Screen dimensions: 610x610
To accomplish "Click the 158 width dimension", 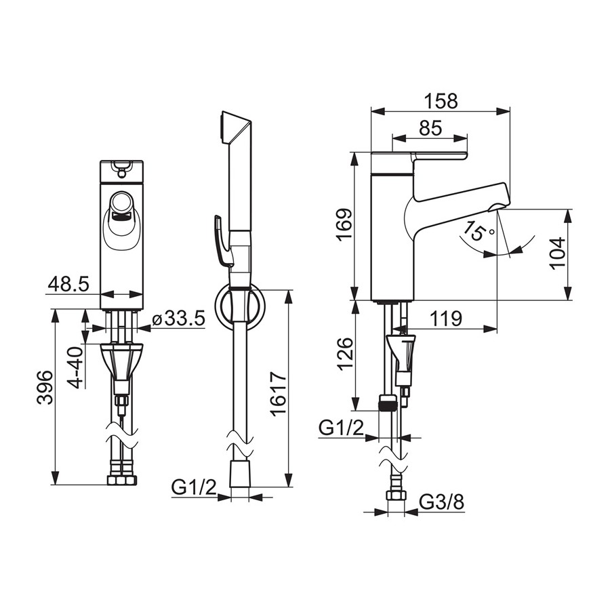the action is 441,101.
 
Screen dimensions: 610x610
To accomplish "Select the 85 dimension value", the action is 430,128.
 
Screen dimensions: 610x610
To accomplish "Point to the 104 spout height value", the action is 557,252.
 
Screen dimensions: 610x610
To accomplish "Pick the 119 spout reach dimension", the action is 446,319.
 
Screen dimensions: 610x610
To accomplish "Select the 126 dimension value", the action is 345,354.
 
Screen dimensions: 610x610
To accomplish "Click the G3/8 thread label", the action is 442,503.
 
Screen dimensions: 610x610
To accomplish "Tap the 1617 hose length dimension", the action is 279,394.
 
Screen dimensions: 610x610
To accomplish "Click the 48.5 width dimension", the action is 68,285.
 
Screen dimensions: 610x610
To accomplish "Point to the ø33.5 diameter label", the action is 178,319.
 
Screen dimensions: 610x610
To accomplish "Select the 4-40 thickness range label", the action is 76,367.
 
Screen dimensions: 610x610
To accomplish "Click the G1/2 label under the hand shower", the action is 194,487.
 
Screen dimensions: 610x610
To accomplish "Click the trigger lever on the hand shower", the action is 222,241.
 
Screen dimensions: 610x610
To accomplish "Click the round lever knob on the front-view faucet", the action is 122,202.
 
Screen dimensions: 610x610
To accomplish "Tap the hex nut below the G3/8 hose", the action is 396,495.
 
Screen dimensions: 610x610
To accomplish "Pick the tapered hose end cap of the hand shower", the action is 240,474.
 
